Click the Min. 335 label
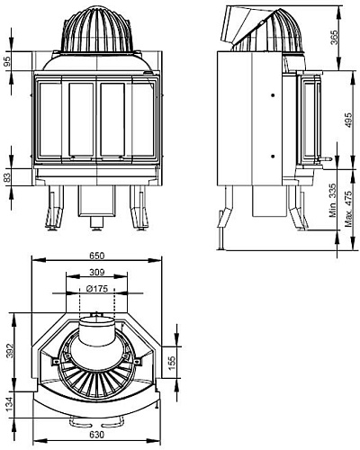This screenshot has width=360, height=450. click(x=333, y=203)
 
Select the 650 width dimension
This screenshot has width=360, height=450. click(x=96, y=256)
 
